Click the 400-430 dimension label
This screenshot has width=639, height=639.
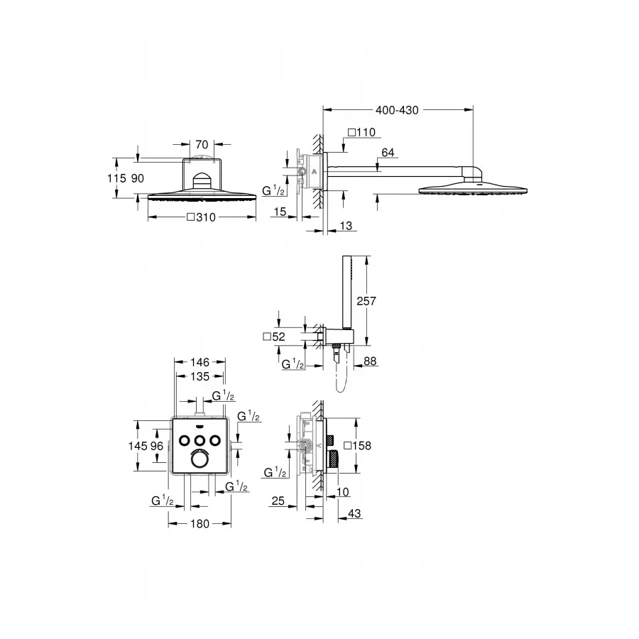[x=397, y=110]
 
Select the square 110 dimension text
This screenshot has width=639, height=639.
[x=361, y=133]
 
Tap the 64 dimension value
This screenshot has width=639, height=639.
[x=388, y=152]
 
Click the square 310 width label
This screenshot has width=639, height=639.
[x=201, y=217]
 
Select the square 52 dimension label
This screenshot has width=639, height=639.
[x=273, y=337]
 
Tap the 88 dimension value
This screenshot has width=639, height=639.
[x=370, y=361]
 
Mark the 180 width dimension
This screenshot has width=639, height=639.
[x=200, y=524]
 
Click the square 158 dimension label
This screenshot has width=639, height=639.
[x=357, y=445]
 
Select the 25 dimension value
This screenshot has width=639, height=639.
[x=278, y=501]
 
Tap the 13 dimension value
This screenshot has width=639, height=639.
[x=346, y=225]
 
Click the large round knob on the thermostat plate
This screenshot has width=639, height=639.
[x=200, y=460]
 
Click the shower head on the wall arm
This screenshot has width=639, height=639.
[x=474, y=189]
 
